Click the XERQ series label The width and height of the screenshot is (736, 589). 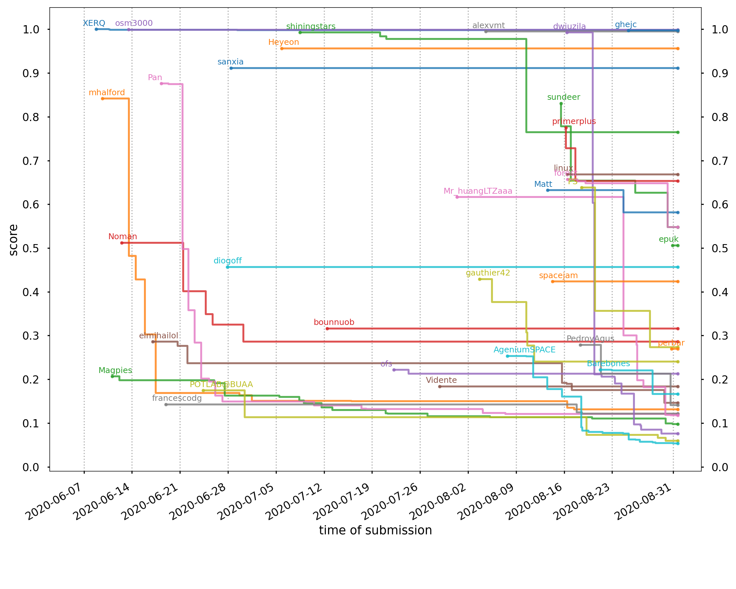(94, 23)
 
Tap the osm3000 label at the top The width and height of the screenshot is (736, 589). (134, 23)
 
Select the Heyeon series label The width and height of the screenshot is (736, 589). (283, 42)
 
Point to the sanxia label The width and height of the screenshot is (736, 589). (230, 62)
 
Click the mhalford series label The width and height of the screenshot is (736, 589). (107, 93)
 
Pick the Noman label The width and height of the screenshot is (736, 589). (123, 237)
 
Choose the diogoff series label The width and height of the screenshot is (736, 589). (227, 261)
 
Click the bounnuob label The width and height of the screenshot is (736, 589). (334, 322)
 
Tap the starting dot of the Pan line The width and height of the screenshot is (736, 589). (162, 84)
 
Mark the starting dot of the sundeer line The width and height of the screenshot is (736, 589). (561, 104)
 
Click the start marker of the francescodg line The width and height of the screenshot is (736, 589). (166, 405)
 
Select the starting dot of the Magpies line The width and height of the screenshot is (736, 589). (112, 376)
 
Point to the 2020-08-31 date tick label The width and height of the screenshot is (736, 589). (643, 502)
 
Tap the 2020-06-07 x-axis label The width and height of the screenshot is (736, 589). (54, 502)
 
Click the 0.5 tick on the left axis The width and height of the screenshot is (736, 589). (31, 249)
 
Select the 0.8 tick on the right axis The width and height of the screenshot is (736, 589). (720, 117)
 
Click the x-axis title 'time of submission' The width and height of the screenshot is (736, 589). (376, 531)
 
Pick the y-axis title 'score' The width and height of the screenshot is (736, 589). (13, 240)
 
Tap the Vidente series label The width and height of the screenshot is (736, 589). (441, 380)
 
